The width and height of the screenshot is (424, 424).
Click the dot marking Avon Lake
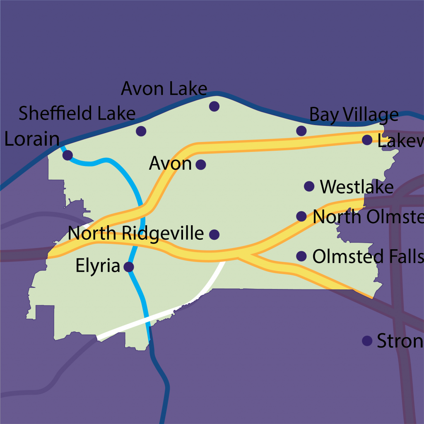pos(214,106)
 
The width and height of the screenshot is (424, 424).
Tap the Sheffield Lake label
pos(77,113)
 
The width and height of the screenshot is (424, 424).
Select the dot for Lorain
pos(67,155)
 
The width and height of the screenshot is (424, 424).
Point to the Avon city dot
pos(200,165)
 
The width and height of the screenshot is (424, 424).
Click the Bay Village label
pos(354,115)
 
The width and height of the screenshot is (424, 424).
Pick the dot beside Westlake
pos(309,186)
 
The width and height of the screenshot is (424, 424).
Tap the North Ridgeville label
pos(136,234)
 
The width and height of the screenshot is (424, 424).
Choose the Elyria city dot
pos(129,267)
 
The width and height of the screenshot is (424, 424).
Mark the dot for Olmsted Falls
pos(302,256)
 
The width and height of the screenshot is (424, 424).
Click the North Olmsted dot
pos(301,216)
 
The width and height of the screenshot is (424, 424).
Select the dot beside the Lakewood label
pos(367,140)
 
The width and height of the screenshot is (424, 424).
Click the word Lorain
pos(32,140)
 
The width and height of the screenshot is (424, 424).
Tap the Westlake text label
pos(357,187)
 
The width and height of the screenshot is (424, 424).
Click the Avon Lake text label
pos(164,89)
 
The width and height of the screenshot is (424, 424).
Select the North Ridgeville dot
pos(214,235)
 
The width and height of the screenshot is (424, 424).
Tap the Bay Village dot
pos(301,131)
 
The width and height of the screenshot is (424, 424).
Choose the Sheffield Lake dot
pos(141,131)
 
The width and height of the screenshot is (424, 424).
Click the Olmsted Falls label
pos(368,257)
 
